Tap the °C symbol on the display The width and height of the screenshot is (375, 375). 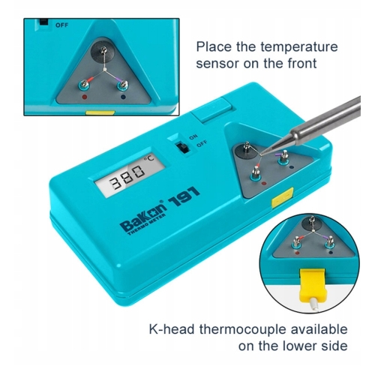[148, 159]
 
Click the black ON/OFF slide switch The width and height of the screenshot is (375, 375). [182, 148]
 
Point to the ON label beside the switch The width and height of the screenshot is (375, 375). [193, 136]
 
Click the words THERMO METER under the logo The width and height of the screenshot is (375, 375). [147, 224]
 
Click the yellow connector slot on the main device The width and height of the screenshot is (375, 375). [283, 197]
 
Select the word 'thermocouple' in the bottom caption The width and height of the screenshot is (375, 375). [241, 329]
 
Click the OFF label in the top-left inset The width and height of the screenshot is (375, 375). [61, 25]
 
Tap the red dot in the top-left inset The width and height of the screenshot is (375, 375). [85, 97]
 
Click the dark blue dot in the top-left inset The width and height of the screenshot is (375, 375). [123, 97]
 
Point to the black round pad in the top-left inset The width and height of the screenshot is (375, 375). [103, 50]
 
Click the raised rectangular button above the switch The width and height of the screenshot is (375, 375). [211, 110]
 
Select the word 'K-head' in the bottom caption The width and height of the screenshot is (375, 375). [172, 329]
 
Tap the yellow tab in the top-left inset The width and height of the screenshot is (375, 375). [100, 113]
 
